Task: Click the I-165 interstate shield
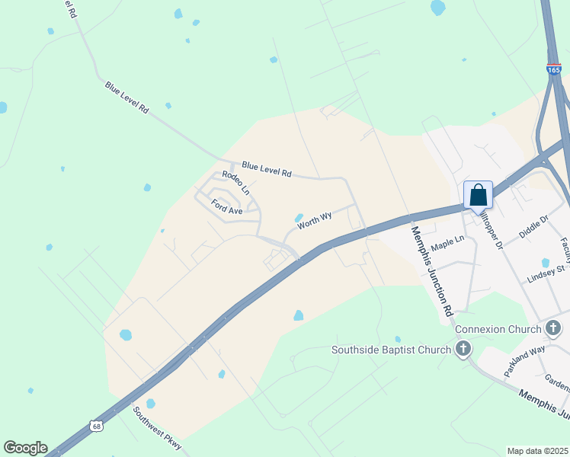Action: pyautogui.click(x=554, y=69)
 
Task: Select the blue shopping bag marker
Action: pyautogui.click(x=478, y=195)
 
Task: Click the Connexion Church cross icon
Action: pyautogui.click(x=554, y=328)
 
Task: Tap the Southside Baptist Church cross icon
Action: pyautogui.click(x=463, y=350)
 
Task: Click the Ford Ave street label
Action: pyautogui.click(x=227, y=206)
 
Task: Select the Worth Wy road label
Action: pyautogui.click(x=314, y=221)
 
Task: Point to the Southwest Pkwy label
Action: pyautogui.click(x=158, y=427)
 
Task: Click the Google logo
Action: pyautogui.click(x=25, y=448)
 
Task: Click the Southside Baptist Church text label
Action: pyautogui.click(x=392, y=350)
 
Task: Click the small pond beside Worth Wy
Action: pyautogui.click(x=299, y=217)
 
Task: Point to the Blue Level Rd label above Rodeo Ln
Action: pyautogui.click(x=267, y=169)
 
